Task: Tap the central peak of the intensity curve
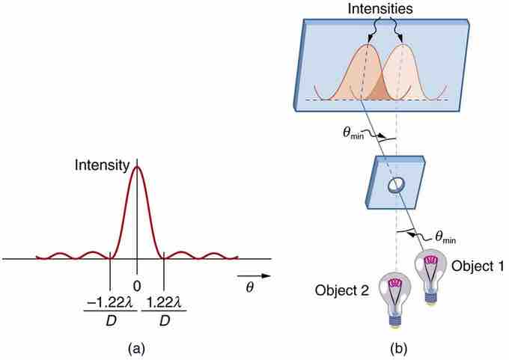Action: (136, 168)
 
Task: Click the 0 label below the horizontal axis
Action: (136, 286)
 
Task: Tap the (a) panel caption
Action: (136, 348)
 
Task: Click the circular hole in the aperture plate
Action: (395, 186)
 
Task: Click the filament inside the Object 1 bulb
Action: (431, 261)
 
